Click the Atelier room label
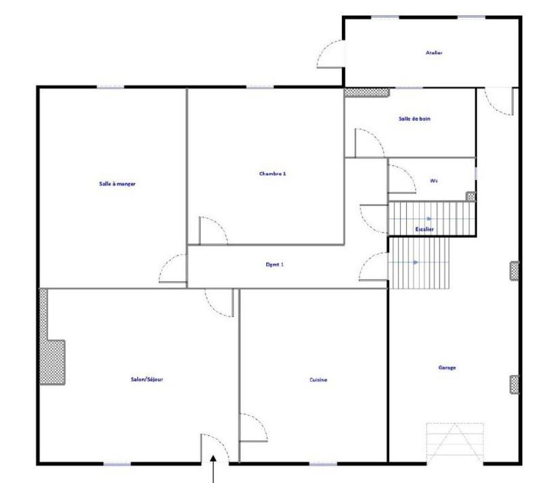pos(433,53)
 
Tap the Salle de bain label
pos(414,119)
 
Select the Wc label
pos(433,181)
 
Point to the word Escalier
pos(425,229)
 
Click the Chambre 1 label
pos(272,173)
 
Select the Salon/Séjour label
pos(146,379)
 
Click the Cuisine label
pos(318,379)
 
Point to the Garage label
pos(447,368)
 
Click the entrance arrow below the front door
pos(216,471)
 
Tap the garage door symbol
pos(455,442)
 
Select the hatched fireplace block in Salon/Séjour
pos(53,362)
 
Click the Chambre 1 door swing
pos(213,231)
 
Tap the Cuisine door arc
pos(253,427)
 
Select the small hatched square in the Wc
pos(470,196)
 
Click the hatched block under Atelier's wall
pos(366,92)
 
